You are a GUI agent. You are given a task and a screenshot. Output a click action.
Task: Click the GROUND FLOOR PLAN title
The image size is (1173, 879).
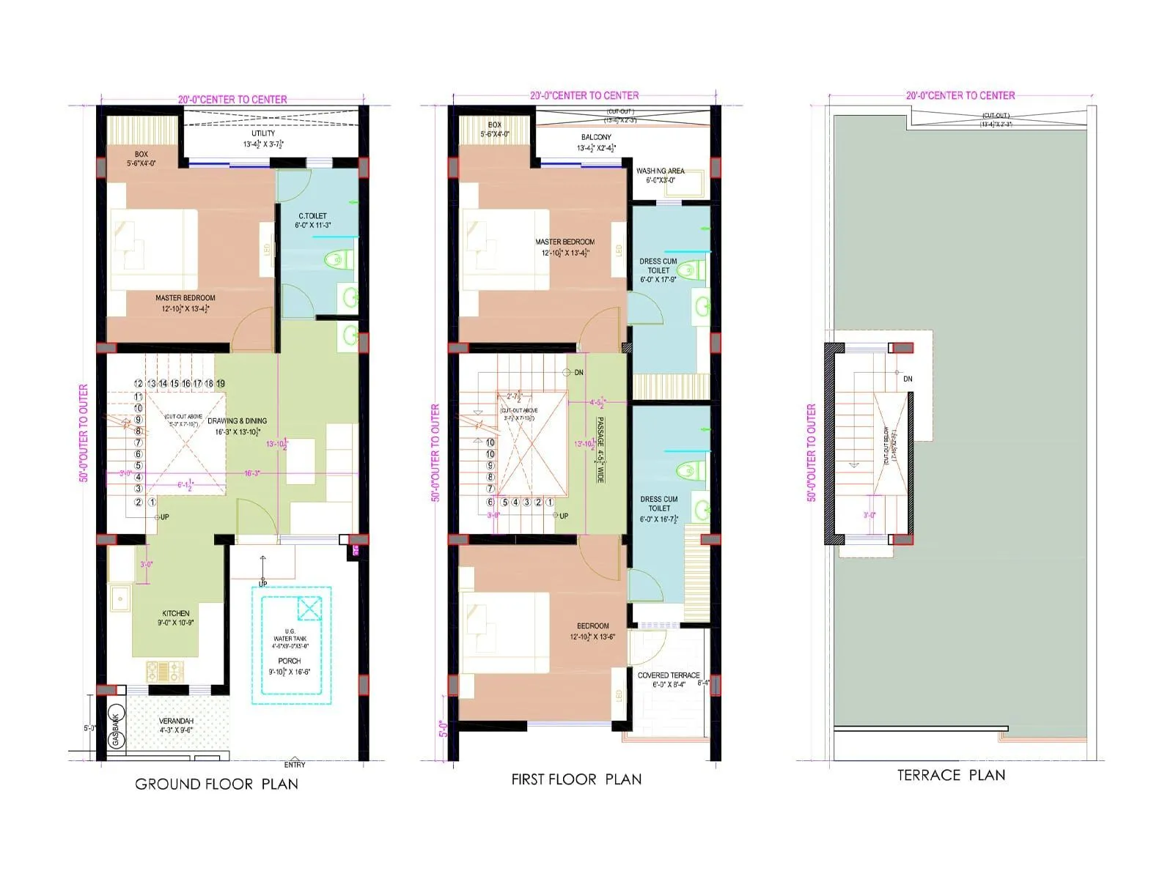(x=216, y=784)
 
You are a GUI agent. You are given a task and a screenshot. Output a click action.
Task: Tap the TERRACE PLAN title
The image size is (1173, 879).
(x=951, y=775)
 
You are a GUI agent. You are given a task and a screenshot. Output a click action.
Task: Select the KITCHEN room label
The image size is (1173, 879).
(x=176, y=614)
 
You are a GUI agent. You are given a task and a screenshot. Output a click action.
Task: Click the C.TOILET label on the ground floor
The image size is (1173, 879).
(x=312, y=216)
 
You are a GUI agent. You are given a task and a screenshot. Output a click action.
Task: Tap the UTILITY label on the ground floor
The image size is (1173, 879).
(x=263, y=133)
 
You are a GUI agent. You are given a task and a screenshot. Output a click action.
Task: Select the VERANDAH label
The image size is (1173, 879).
(x=176, y=721)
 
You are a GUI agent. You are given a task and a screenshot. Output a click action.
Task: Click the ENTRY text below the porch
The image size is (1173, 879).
(x=295, y=765)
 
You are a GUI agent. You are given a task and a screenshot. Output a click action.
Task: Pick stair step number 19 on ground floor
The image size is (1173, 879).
(x=221, y=383)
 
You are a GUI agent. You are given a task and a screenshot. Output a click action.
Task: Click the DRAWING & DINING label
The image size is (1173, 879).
(x=237, y=421)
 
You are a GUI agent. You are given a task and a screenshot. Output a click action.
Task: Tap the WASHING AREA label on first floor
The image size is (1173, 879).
(x=660, y=171)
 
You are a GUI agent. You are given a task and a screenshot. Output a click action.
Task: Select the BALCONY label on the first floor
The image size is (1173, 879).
(x=596, y=137)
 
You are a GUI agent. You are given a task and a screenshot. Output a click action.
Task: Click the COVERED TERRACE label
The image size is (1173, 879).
(x=668, y=675)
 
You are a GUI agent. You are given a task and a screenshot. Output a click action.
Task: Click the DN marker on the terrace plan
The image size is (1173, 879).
(x=908, y=379)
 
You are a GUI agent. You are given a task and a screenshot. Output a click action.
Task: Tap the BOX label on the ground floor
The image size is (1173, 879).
(x=141, y=155)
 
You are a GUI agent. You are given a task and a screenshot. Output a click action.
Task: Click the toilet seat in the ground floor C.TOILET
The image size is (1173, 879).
(x=337, y=259)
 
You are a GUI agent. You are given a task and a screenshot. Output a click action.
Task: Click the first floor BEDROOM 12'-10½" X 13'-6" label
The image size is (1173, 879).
(x=592, y=626)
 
